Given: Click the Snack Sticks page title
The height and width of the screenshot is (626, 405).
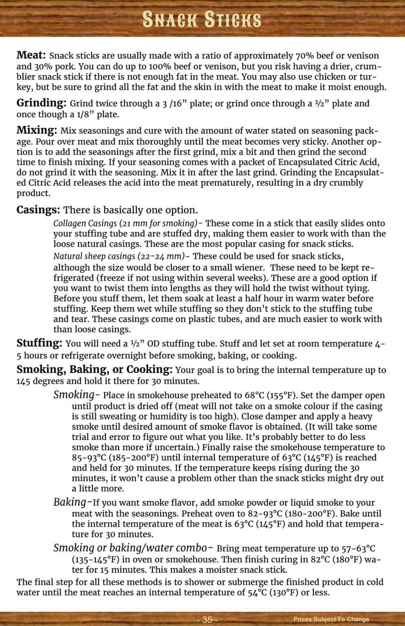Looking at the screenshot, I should [202, 19].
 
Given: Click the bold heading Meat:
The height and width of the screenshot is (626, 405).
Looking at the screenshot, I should [31, 55].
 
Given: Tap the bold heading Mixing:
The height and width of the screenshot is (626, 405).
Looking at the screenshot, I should [37, 130].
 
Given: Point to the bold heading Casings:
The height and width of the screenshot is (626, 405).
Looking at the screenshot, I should [38, 210].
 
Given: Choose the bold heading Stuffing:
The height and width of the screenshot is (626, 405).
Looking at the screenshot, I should [39, 343].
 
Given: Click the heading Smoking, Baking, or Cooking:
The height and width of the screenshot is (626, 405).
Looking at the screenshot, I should [95, 370].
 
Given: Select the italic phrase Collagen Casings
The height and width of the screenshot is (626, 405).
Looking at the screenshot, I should [85, 223].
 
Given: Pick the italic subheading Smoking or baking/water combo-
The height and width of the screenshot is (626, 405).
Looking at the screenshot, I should [133, 548].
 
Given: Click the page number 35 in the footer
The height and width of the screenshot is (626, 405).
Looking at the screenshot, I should [207, 619].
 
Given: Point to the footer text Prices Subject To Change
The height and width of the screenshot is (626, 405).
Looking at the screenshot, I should [331, 619].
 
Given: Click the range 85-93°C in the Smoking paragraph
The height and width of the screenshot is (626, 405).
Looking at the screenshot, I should [89, 458].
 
